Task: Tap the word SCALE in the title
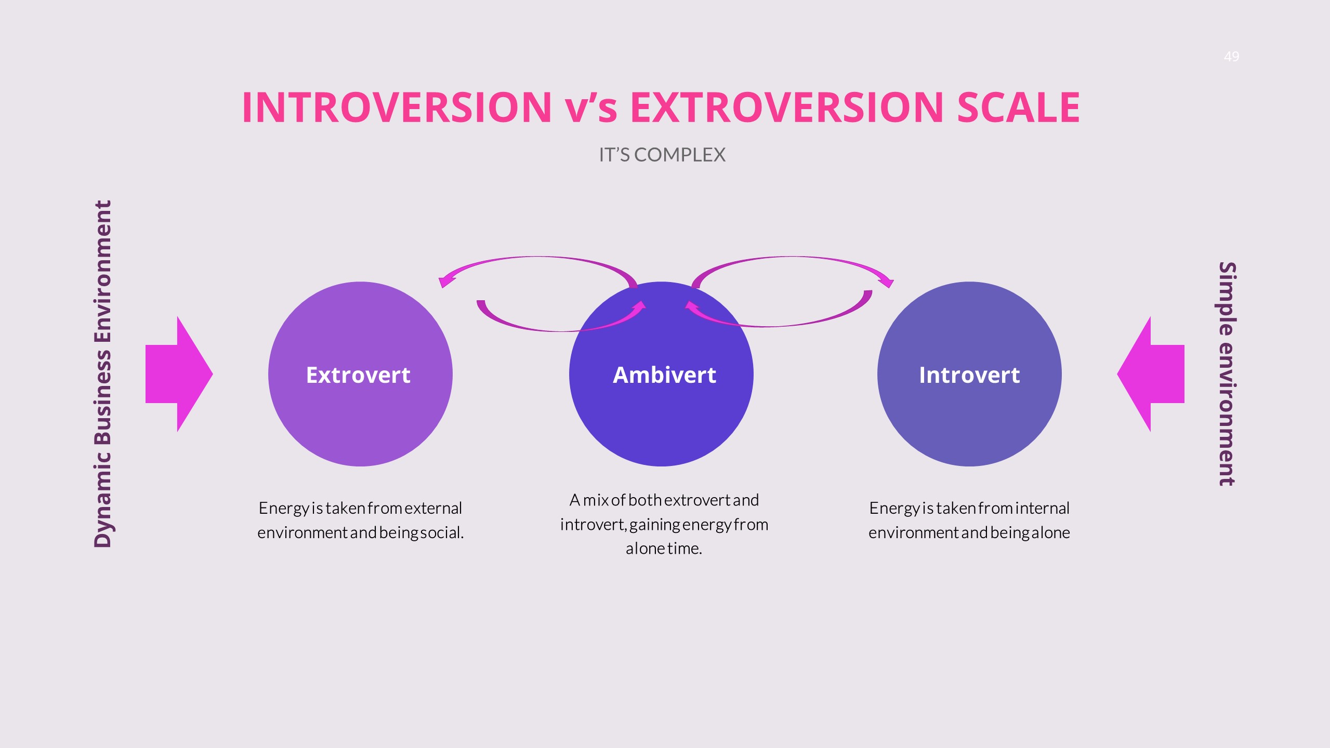[1019, 107]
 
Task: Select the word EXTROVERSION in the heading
[787, 107]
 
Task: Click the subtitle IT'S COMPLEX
[662, 155]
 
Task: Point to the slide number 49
[1231, 56]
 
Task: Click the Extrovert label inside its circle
[358, 375]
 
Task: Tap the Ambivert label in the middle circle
[664, 375]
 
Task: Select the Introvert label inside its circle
[969, 375]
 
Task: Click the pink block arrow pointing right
[179, 374]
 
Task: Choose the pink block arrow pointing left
[1151, 374]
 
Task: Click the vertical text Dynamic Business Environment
[103, 374]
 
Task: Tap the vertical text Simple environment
[1227, 374]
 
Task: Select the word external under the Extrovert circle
[433, 508]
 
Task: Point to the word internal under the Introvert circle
[1043, 508]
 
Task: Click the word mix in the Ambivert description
[596, 500]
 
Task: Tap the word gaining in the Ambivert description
[654, 525]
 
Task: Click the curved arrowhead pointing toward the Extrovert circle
[447, 281]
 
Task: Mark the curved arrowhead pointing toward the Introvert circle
[886, 281]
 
